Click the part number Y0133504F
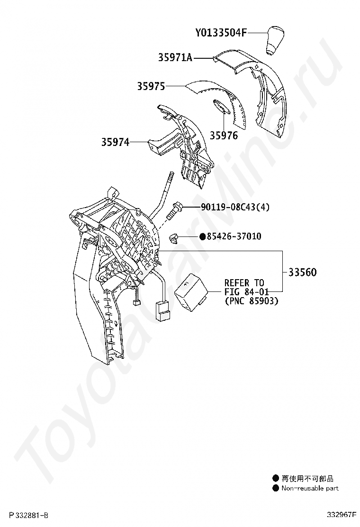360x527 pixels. (x=221, y=33)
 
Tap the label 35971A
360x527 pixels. (x=175, y=58)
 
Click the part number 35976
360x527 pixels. (x=224, y=136)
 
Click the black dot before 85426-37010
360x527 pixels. (x=202, y=236)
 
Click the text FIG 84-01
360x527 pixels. (x=244, y=291)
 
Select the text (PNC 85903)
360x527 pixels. (x=251, y=300)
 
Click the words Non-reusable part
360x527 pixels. (x=310, y=488)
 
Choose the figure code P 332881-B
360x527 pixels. (x=28, y=515)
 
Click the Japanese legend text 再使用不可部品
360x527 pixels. (x=307, y=479)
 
